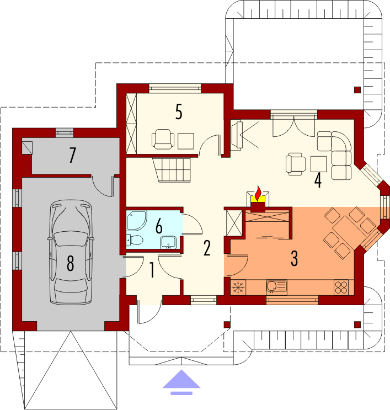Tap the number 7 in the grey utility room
tap(72, 155)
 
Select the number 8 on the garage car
tap(70, 263)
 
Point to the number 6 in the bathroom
tap(159, 226)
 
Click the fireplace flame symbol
tap(258, 194)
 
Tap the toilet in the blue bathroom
tap(135, 240)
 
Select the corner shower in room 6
tap(136, 220)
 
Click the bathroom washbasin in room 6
tap(169, 242)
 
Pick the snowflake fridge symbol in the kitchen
tap(238, 287)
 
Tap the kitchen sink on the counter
tap(276, 286)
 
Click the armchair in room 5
tap(163, 139)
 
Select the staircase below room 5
tap(172, 169)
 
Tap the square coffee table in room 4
tap(318, 164)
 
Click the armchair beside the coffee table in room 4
tap(296, 164)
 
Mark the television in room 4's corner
tap(237, 136)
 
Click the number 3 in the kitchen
tap(295, 258)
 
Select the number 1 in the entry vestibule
tap(152, 270)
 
